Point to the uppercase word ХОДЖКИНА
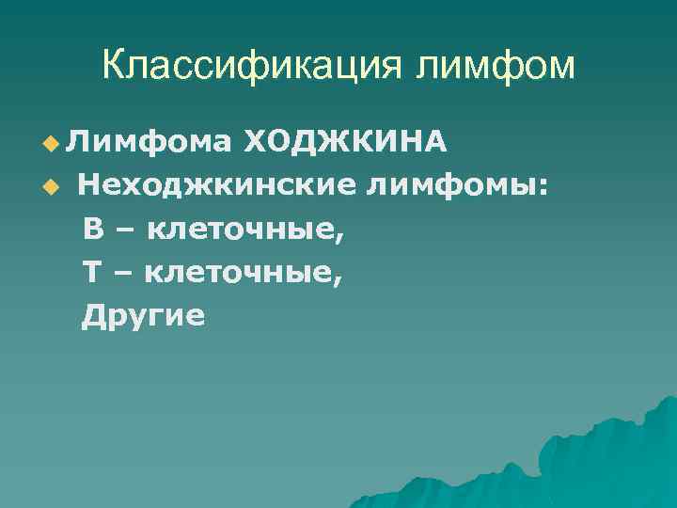pyautogui.click(x=344, y=142)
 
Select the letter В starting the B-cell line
pyautogui.click(x=92, y=229)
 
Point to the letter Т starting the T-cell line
pyautogui.click(x=92, y=272)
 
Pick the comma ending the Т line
pyautogui.click(x=339, y=280)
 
